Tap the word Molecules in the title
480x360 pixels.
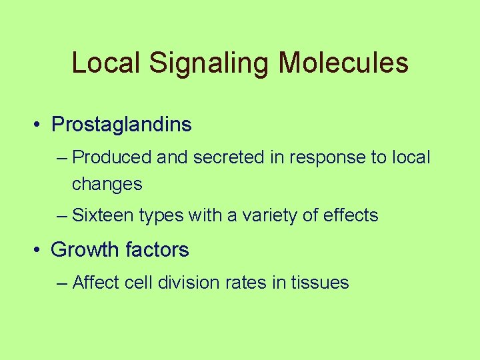coord(343,63)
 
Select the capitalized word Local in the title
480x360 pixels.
coord(106,63)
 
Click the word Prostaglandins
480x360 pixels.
coord(121,125)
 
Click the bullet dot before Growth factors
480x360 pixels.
coord(41,251)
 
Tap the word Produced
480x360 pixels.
coord(112,158)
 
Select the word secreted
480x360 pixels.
coord(226,158)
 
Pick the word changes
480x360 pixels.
coord(107,185)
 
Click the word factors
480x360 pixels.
coord(159,251)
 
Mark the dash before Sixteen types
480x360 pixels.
coord(63,216)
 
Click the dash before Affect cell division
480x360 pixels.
coord(63,283)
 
